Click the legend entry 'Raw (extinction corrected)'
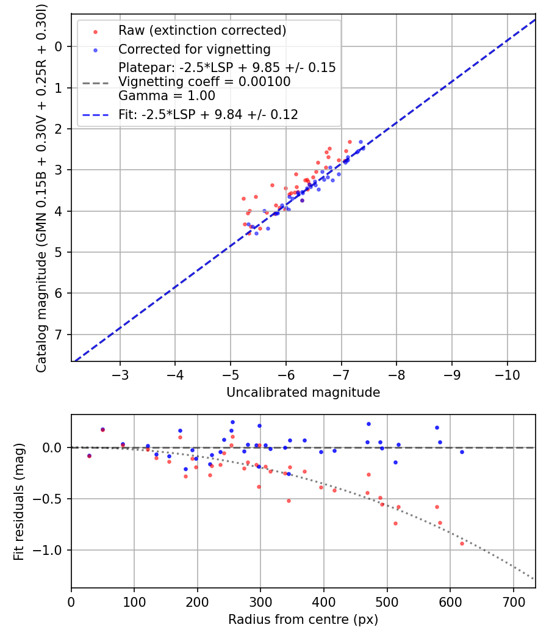(x=202, y=31)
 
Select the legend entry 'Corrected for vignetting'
(x=195, y=49)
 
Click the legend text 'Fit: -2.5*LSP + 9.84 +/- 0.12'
(x=208, y=115)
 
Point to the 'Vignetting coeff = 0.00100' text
(x=204, y=82)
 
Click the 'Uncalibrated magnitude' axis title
(x=303, y=393)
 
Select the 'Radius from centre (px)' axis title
(x=303, y=620)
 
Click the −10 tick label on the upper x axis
(x=507, y=373)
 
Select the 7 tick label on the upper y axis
(x=59, y=335)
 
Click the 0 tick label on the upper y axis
(x=59, y=46)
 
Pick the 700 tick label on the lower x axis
(x=513, y=600)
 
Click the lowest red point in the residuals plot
(x=462, y=543)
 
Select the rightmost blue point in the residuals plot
(x=462, y=452)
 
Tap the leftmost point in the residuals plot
(x=89, y=456)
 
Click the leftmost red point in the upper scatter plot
(x=243, y=198)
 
